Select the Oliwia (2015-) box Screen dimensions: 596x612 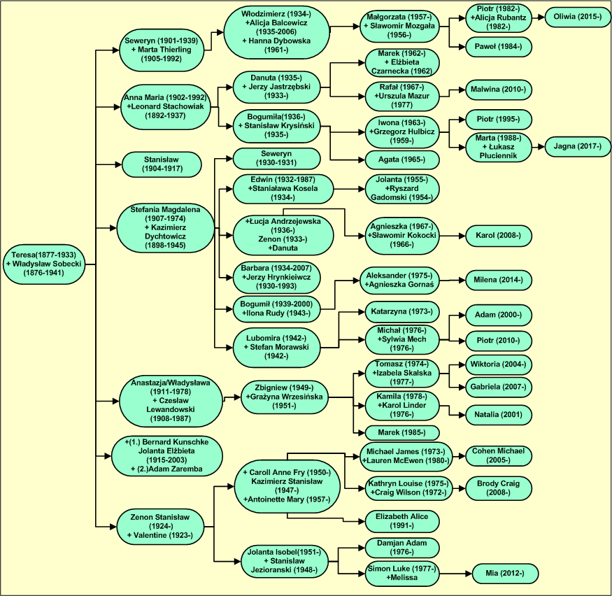[x=577, y=16]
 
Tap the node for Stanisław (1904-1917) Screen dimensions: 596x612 [x=162, y=164]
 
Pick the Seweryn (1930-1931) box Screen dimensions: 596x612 [x=276, y=158]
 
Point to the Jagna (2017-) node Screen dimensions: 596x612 [x=577, y=147]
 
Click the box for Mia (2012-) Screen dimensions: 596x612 [x=505, y=574]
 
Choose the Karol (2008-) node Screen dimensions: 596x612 [x=498, y=236]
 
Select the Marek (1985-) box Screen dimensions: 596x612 [x=402, y=432]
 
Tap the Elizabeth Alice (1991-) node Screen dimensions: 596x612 [x=402, y=520]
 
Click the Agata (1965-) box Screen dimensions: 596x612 [x=402, y=159]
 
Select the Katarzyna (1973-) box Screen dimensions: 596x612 [x=402, y=311]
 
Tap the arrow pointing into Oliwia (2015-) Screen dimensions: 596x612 [x=541, y=16]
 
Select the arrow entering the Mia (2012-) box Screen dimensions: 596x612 [x=467, y=574]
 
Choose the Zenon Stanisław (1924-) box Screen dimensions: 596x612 [x=162, y=527]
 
